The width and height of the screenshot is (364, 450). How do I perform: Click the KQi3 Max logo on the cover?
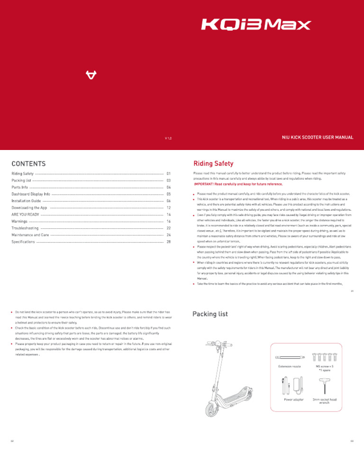click(x=256, y=25)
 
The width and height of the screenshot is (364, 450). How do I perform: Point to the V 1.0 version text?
click(x=168, y=138)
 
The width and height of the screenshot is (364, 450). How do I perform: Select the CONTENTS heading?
click(x=28, y=164)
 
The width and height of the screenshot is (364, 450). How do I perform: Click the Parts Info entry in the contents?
click(x=19, y=187)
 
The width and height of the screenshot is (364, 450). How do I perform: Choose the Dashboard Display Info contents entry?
click(x=31, y=194)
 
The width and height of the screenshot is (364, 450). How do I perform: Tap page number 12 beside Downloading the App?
click(x=168, y=208)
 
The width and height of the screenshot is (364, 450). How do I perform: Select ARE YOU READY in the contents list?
click(x=25, y=215)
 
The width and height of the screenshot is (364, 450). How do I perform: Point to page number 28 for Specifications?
click(x=168, y=242)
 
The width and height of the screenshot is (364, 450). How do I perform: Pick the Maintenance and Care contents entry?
click(x=30, y=235)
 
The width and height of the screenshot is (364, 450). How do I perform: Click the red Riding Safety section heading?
click(x=213, y=164)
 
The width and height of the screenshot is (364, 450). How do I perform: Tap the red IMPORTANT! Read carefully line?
click(x=238, y=184)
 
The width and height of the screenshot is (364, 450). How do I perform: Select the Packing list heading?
click(x=210, y=314)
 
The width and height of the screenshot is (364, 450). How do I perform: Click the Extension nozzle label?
click(x=289, y=366)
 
